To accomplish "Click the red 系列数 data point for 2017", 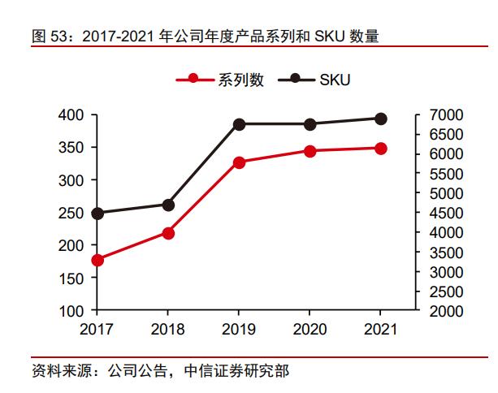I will (97, 260).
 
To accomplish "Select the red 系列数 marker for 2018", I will (168, 233).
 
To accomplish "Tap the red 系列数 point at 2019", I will (239, 162).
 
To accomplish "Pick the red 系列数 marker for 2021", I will (380, 149).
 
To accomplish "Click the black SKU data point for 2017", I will (97, 214).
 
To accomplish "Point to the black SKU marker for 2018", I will (168, 205).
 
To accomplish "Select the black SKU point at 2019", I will (239, 124).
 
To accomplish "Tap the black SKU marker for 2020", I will (310, 124).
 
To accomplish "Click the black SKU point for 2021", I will (380, 119).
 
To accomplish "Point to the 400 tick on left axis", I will (71, 115).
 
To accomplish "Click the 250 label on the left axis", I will (71, 213).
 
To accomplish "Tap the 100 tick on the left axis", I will (71, 311).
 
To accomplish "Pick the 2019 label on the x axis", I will (239, 330).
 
